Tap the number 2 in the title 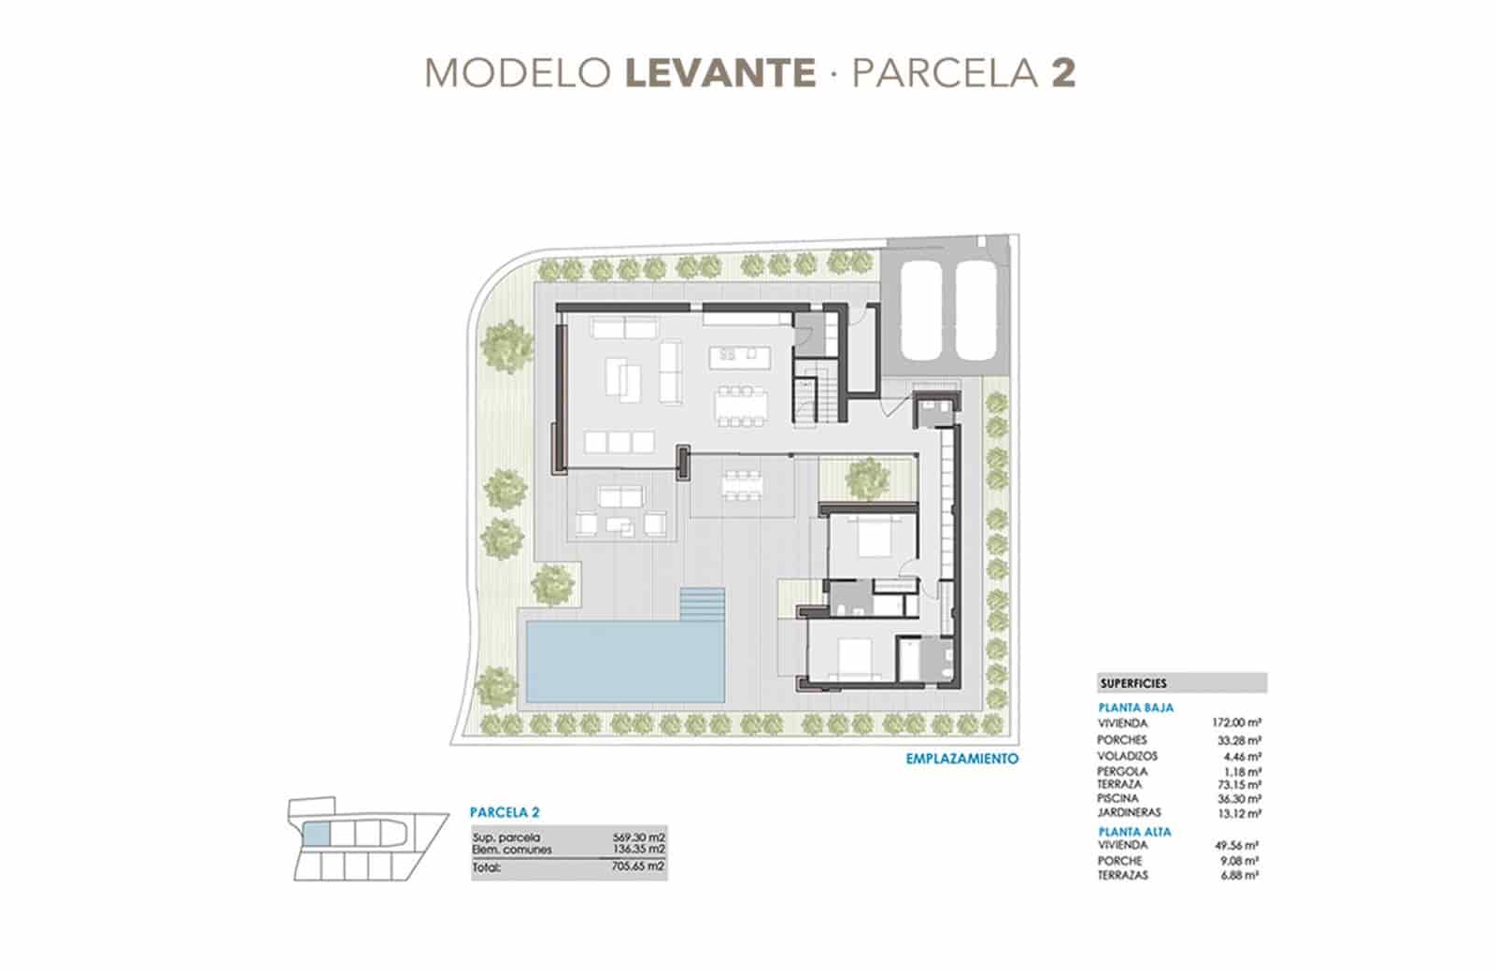(x=1062, y=73)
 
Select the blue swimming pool (x=624, y=661)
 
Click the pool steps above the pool (x=703, y=603)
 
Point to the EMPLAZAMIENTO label (x=961, y=759)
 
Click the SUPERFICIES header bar (x=1181, y=683)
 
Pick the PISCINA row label (x=1118, y=799)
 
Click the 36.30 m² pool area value (x=1240, y=799)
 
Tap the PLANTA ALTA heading (x=1134, y=831)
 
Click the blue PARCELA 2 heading (x=504, y=813)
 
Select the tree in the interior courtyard (x=865, y=479)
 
